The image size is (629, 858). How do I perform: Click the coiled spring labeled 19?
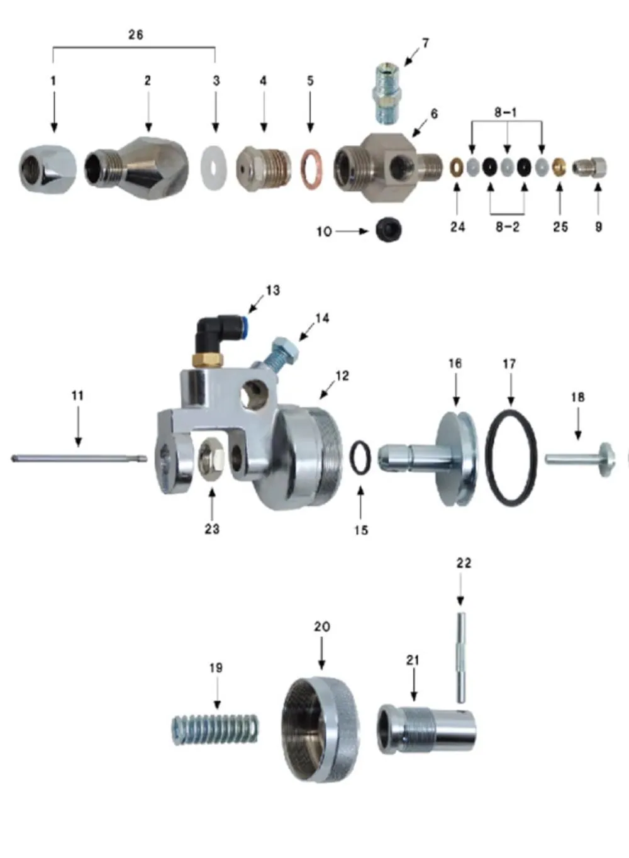click(215, 730)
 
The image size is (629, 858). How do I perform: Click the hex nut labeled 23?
click(211, 453)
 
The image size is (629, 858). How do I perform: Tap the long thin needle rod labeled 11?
click(79, 459)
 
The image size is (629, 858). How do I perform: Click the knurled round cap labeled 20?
click(321, 730)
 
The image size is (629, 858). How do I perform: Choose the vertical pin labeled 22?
click(461, 657)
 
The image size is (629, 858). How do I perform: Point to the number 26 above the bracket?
click(135, 35)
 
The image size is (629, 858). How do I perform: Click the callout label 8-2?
click(507, 226)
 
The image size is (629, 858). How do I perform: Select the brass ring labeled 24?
click(457, 168)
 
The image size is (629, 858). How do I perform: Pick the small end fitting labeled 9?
click(591, 168)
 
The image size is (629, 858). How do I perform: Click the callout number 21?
click(413, 660)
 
